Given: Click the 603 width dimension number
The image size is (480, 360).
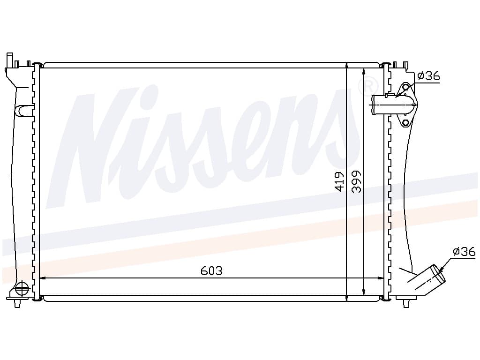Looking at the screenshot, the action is pyautogui.click(x=211, y=270).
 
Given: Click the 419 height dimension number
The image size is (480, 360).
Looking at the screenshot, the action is pyautogui.click(x=339, y=181).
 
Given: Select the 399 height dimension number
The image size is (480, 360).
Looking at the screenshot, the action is pyautogui.click(x=356, y=181).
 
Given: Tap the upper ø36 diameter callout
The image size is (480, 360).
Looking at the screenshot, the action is pyautogui.click(x=428, y=75).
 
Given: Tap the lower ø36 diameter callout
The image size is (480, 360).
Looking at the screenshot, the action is pyautogui.click(x=464, y=252).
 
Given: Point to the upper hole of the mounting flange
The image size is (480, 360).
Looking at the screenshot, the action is pyautogui.click(x=405, y=88).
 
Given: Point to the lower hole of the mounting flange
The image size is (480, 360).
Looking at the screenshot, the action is pyautogui.click(x=405, y=123).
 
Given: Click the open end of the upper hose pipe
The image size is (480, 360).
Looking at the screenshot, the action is pyautogui.click(x=374, y=105).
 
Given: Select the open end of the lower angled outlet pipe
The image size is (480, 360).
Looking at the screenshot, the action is pyautogui.click(x=438, y=274).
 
